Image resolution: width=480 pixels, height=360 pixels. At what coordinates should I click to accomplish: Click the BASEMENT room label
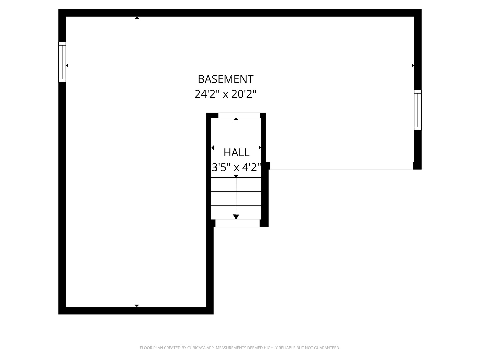(x=226, y=79)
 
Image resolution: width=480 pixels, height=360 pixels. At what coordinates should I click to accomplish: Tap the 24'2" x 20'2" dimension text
(x=226, y=94)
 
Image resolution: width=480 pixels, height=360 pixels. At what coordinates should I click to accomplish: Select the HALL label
(x=236, y=153)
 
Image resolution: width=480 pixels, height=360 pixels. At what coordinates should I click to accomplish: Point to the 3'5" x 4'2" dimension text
(x=236, y=167)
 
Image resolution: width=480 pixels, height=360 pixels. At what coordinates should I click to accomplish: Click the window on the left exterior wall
(x=62, y=62)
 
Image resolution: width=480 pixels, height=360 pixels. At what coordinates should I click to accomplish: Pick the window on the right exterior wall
(x=418, y=110)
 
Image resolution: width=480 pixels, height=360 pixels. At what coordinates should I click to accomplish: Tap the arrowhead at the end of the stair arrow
(x=236, y=217)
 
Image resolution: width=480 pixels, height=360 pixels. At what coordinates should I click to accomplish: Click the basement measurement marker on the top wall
(x=137, y=18)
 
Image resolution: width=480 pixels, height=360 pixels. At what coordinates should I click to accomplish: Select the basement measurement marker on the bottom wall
(x=137, y=305)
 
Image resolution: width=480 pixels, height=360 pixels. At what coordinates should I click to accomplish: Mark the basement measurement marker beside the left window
(x=67, y=66)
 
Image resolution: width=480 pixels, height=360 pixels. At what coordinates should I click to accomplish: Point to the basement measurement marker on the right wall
(x=413, y=66)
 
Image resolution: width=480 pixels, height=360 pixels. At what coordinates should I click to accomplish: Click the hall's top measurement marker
(x=236, y=119)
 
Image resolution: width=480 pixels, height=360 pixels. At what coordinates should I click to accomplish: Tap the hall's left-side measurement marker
(x=213, y=148)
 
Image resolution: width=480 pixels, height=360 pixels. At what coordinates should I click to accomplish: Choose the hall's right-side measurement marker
(x=260, y=148)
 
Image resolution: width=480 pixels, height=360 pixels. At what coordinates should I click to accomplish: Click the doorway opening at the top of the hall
(x=239, y=115)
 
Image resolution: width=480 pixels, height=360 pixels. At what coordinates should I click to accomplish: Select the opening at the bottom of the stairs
(x=237, y=223)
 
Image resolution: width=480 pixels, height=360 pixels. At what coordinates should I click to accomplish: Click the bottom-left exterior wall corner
(x=62, y=310)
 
